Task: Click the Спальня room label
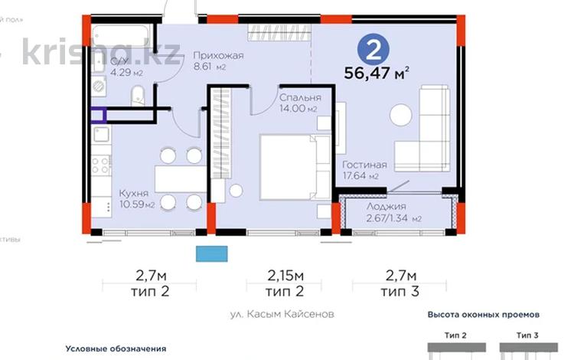(295, 97)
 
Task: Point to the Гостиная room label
(364, 165)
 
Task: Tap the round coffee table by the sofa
(400, 116)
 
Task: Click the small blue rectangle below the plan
(212, 254)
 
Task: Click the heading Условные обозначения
(116, 349)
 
